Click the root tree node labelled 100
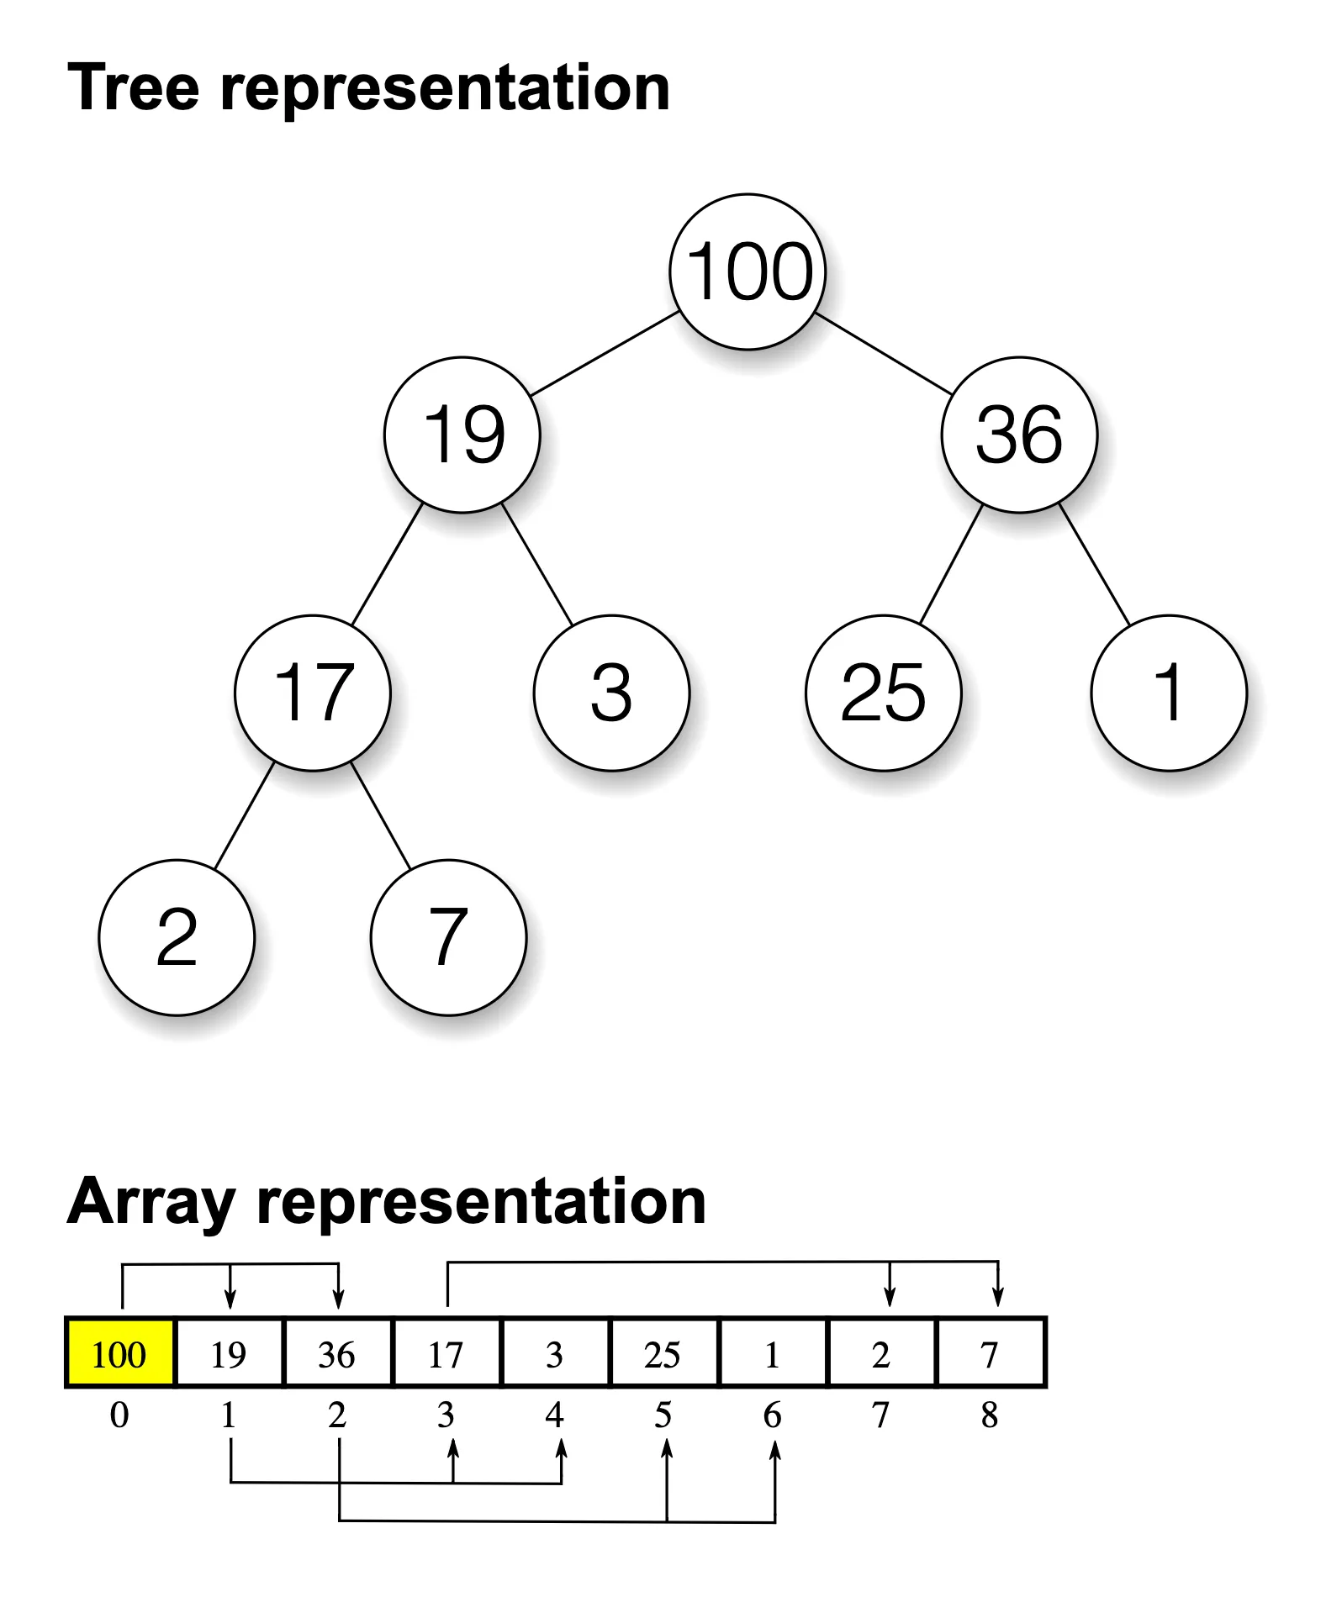coord(748,271)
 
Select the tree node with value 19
coord(462,435)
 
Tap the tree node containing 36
coord(1019,435)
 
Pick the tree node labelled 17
coord(313,693)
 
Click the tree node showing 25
coord(883,693)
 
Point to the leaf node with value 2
coord(177,937)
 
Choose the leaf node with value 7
coord(448,937)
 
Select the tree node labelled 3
coord(611,693)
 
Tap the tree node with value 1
coord(1169,693)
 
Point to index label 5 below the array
coord(663,1415)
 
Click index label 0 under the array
coord(119,1415)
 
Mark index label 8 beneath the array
coord(990,1415)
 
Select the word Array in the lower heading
coord(151,1202)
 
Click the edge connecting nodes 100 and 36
coord(884,354)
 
